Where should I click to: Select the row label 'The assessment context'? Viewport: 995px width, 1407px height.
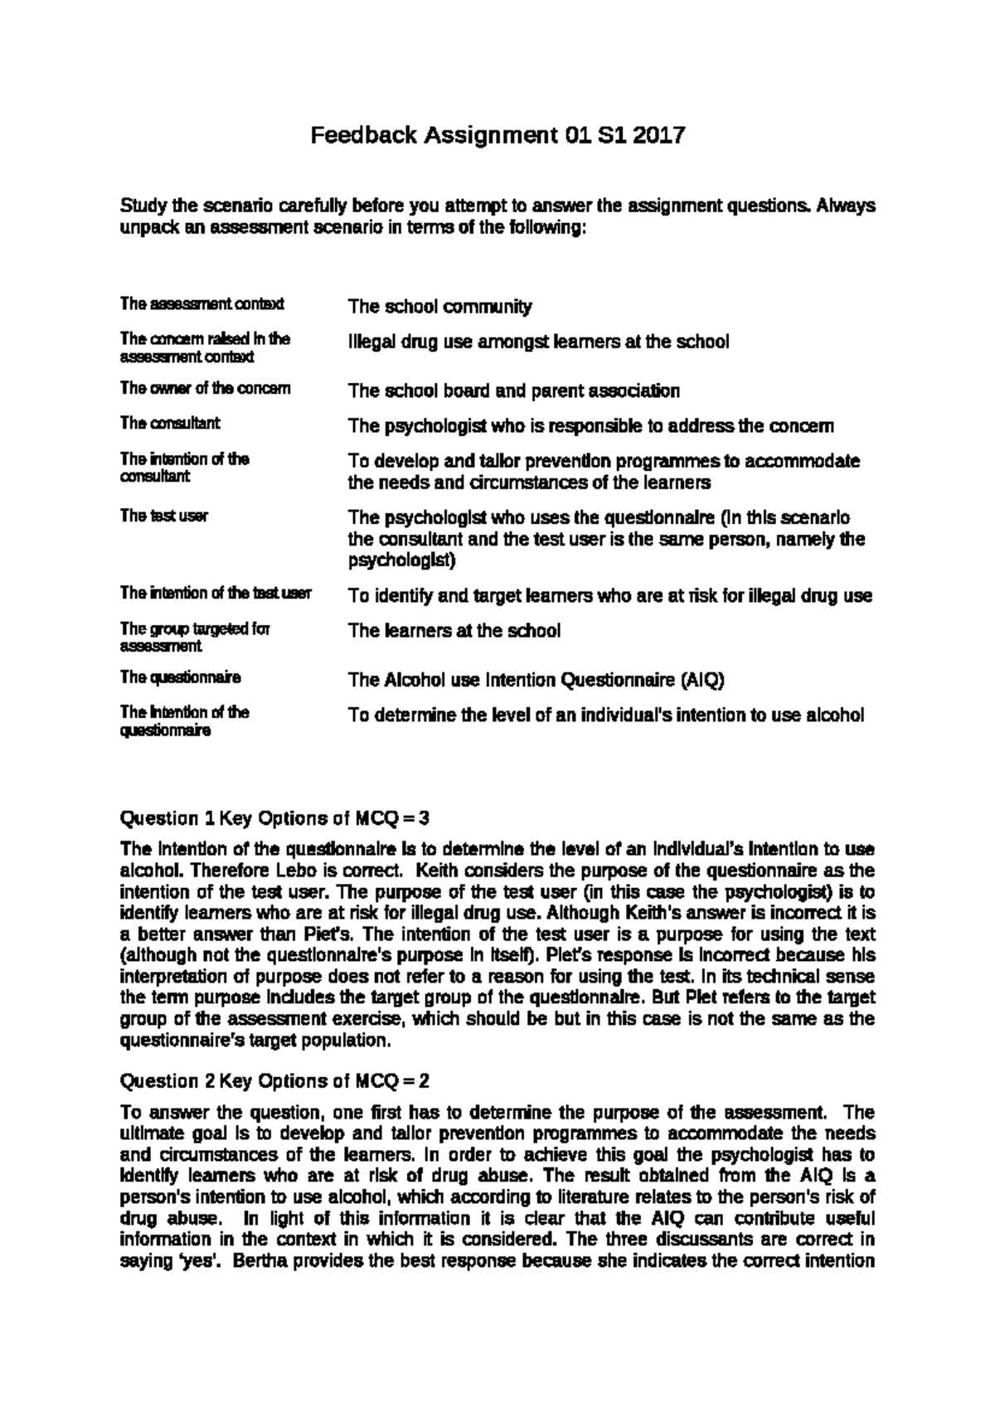point(201,304)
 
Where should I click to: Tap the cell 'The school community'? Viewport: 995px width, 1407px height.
point(439,307)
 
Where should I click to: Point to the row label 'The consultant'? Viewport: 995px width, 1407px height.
point(170,424)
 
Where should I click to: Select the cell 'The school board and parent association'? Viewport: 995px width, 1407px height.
point(513,391)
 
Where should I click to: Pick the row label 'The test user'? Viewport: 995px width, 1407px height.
point(163,516)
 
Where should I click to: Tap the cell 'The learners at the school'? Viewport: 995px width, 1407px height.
point(454,631)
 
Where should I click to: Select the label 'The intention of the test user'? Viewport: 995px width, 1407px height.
point(216,593)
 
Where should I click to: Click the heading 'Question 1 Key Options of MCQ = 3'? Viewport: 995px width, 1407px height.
point(274,818)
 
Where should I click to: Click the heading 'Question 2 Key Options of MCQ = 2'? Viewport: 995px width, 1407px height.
point(274,1081)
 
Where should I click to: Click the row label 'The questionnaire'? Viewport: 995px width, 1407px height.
point(180,678)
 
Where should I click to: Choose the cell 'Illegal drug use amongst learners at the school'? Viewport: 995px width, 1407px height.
point(538,342)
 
